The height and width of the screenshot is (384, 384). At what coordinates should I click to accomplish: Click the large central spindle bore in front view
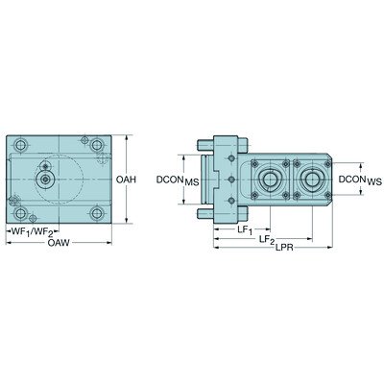(46, 179)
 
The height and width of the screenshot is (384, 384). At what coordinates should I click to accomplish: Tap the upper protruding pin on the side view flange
(203, 147)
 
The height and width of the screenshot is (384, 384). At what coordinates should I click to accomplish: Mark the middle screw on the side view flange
(230, 179)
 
